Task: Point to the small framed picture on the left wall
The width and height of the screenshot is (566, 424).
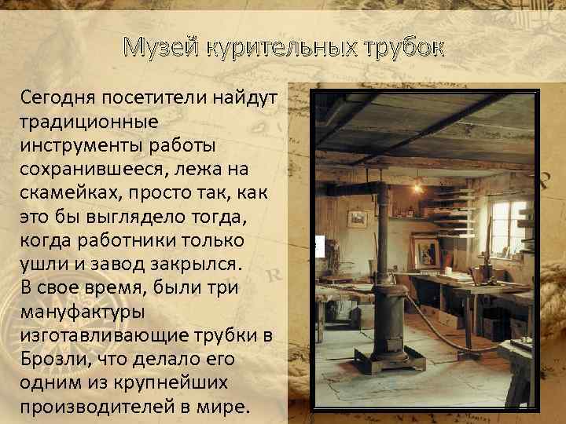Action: coord(358,218)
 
